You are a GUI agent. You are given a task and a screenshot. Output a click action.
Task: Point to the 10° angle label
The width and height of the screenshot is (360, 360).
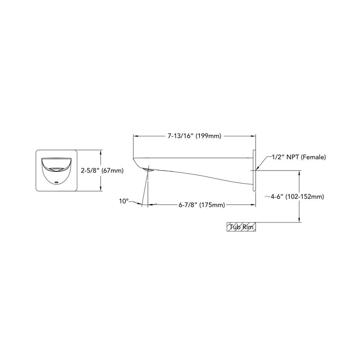pos(124,201)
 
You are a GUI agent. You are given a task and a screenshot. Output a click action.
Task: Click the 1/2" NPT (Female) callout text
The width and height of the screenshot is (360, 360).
pos(299,157)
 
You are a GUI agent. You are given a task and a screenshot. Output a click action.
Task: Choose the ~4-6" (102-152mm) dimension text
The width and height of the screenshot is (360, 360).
pos(295,196)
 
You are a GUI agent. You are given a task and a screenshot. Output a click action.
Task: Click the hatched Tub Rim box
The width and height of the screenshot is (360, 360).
pos(241,227)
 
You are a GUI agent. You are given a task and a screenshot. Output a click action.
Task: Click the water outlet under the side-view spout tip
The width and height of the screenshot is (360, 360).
pos(150,170)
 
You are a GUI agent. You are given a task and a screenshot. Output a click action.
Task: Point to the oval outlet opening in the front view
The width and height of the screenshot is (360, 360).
pos(56,169)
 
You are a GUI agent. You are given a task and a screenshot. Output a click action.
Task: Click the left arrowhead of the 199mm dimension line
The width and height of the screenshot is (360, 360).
pos(135,135)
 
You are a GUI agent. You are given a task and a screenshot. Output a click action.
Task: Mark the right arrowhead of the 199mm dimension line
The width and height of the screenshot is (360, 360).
pos(254,135)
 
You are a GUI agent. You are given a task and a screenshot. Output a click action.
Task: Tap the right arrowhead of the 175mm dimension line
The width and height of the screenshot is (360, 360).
pos(254,205)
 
